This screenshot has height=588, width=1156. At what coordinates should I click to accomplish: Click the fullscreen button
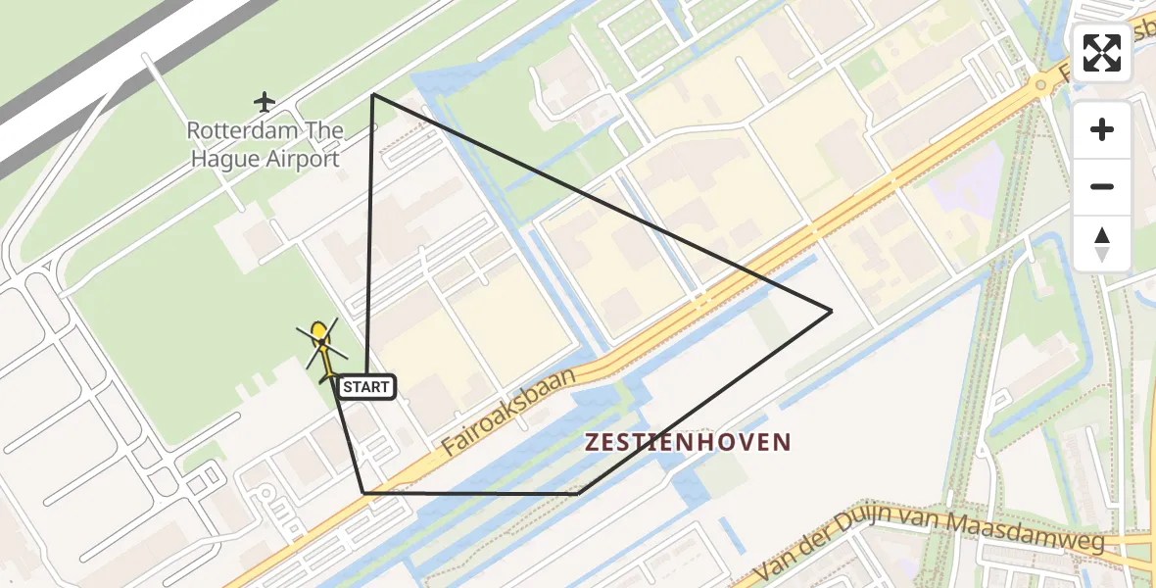pos(1102,53)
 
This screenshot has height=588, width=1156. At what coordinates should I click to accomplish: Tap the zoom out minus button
pos(1102,187)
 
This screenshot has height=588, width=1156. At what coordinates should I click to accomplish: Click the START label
pos(366,387)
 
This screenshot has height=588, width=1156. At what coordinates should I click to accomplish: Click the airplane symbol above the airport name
pos(264,101)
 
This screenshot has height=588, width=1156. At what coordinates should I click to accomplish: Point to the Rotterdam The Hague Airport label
pos(265,144)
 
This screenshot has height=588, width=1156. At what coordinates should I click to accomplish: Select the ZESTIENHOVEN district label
pos(687,442)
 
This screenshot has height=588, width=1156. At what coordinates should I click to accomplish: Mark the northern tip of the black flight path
pos(373,94)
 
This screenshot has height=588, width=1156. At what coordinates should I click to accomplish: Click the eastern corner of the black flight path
pos(831,312)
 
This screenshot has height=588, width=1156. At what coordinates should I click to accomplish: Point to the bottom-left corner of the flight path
pos(362,492)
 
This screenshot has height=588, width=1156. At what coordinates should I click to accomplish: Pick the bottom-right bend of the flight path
pos(579,493)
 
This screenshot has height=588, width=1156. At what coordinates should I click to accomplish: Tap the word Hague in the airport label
pos(225,159)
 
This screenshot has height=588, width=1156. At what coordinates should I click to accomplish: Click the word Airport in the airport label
pos(304,159)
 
